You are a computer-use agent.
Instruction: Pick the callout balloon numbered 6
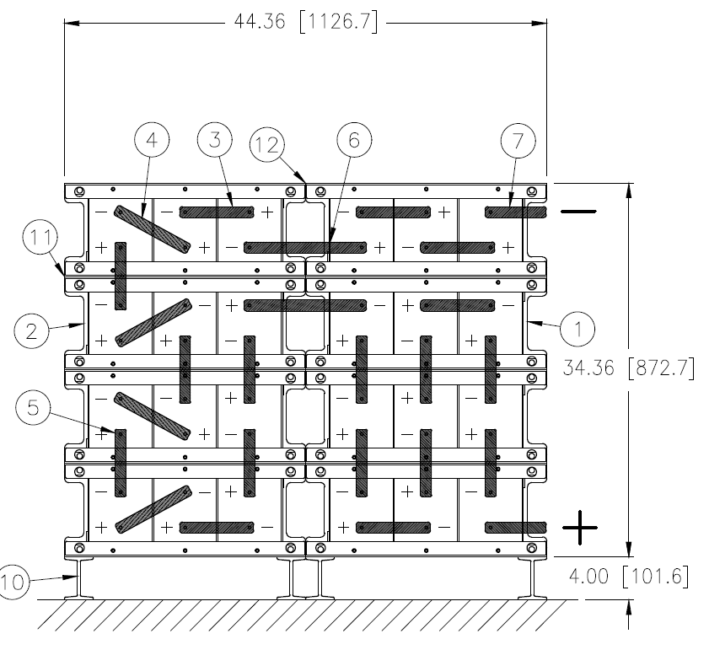[x=353, y=142]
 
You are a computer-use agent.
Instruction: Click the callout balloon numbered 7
[x=518, y=142]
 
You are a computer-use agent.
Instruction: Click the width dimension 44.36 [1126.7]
[x=306, y=22]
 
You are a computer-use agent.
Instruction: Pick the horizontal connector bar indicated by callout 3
[x=217, y=211]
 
